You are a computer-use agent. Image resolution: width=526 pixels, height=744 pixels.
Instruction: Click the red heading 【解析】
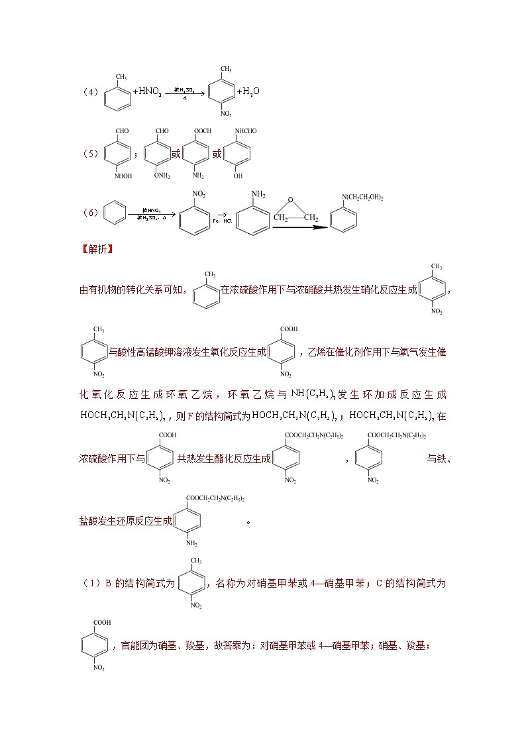point(97,250)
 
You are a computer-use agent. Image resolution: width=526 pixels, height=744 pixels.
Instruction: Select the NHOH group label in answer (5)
point(123,176)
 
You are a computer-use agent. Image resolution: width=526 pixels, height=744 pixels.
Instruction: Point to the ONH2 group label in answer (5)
point(162,176)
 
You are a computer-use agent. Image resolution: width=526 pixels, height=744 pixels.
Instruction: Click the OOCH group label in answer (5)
point(201,131)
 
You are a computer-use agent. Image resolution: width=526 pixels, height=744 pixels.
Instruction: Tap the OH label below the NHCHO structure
point(238,176)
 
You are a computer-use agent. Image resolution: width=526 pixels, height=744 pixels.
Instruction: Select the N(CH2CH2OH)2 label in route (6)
point(362,197)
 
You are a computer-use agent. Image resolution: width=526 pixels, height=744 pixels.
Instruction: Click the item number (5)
point(91,154)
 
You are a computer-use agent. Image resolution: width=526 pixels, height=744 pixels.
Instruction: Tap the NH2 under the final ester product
point(191,543)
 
